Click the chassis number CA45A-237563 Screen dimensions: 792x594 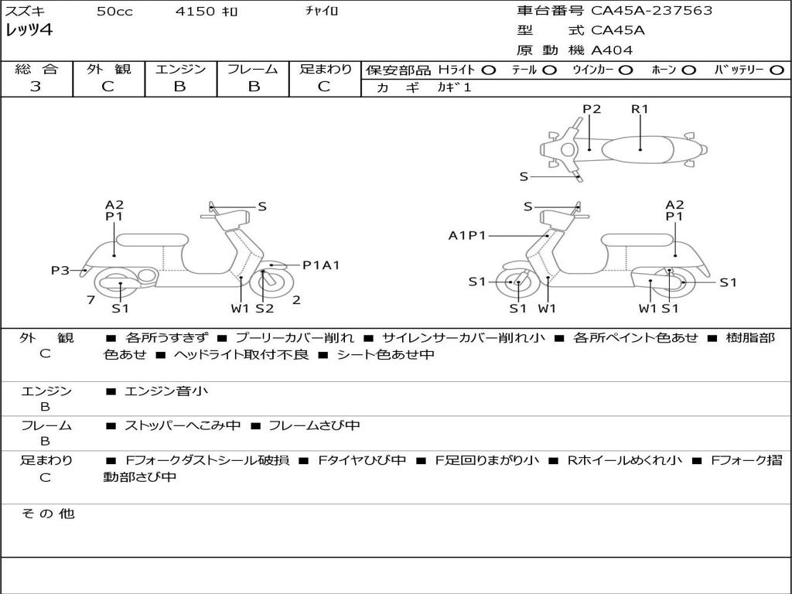click(651, 11)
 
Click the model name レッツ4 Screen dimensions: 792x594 click(29, 30)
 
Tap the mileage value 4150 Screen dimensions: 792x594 click(195, 11)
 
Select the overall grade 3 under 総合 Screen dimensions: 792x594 click(36, 87)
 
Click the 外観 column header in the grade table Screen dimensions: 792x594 click(108, 69)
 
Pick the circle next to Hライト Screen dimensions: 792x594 click(489, 70)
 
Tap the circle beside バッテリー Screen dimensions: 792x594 click(777, 70)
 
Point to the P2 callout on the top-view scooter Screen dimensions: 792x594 click(592, 109)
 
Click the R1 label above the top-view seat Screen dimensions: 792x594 click(640, 109)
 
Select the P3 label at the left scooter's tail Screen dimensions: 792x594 click(60, 271)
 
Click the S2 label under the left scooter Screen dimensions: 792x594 click(265, 309)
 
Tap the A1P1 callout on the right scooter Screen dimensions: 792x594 click(467, 235)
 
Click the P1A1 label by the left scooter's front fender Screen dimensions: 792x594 click(321, 265)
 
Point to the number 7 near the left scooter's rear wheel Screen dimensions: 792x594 click(91, 300)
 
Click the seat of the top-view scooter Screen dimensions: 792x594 click(638, 150)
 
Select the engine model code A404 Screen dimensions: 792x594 click(612, 50)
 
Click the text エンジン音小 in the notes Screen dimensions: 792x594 click(166, 391)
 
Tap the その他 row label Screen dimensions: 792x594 click(48, 514)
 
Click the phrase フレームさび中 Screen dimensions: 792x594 click(314, 426)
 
